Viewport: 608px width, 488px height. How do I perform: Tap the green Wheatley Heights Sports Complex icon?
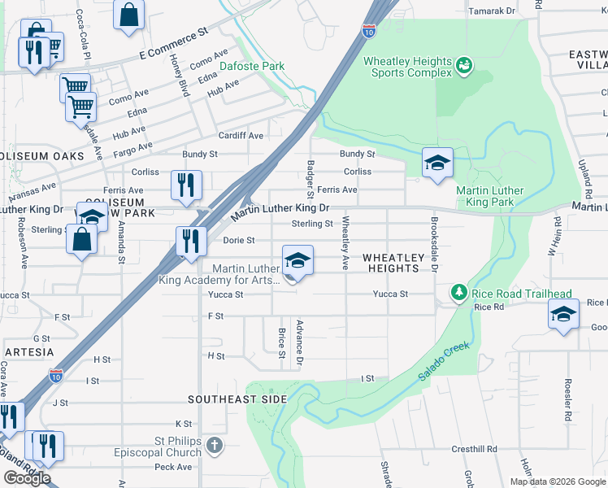click(x=464, y=64)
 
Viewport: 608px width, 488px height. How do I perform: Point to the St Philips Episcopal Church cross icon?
click(x=214, y=445)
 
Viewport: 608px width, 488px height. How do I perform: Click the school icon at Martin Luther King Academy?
click(x=297, y=260)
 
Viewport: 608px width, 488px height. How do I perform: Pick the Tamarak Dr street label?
click(x=493, y=11)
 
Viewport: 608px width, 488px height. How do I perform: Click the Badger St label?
click(x=310, y=179)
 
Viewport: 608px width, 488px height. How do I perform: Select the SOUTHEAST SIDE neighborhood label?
click(x=237, y=399)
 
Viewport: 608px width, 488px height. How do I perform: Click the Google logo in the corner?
click(x=27, y=477)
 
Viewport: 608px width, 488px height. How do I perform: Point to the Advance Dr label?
click(x=299, y=342)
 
